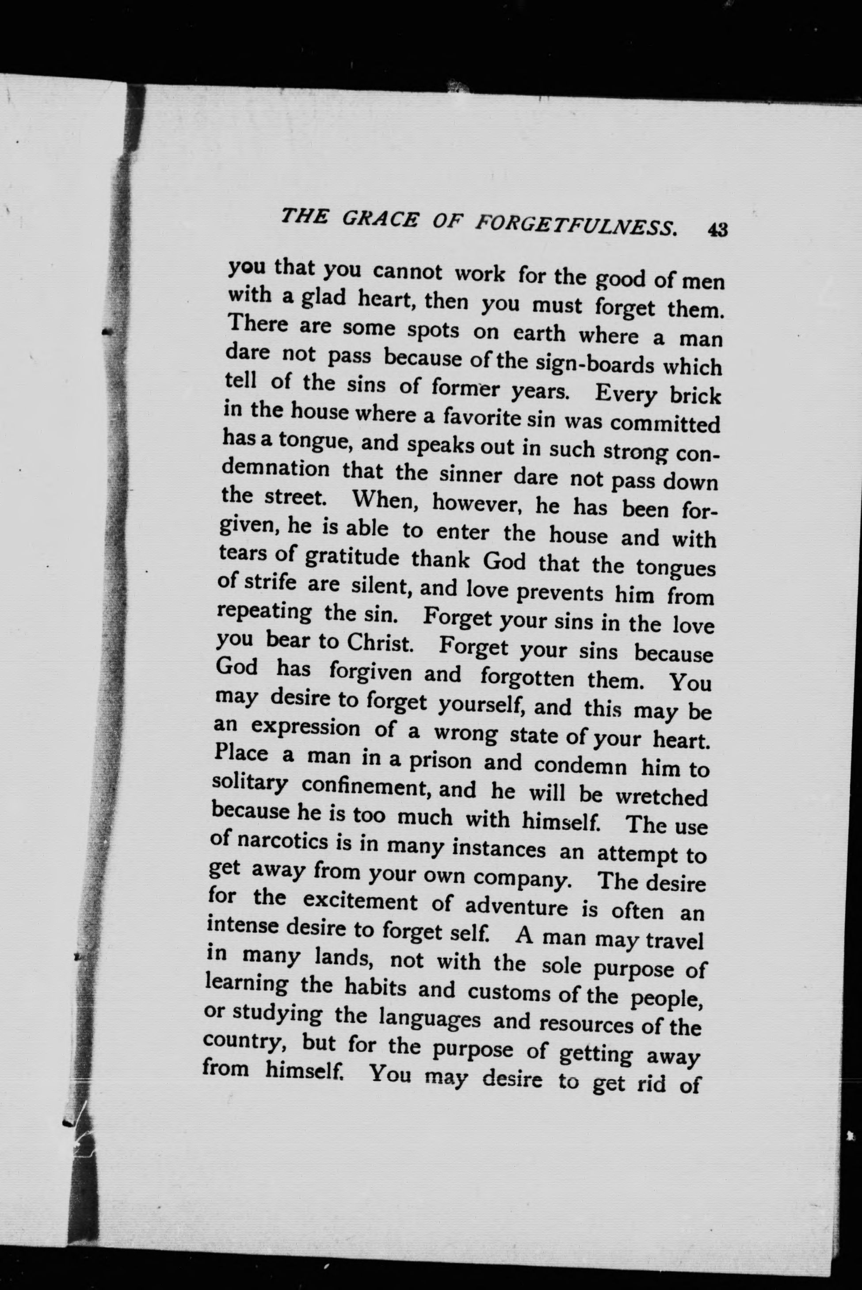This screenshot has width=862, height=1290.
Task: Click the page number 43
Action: click(x=718, y=229)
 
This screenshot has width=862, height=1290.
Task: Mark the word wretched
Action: click(x=661, y=797)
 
